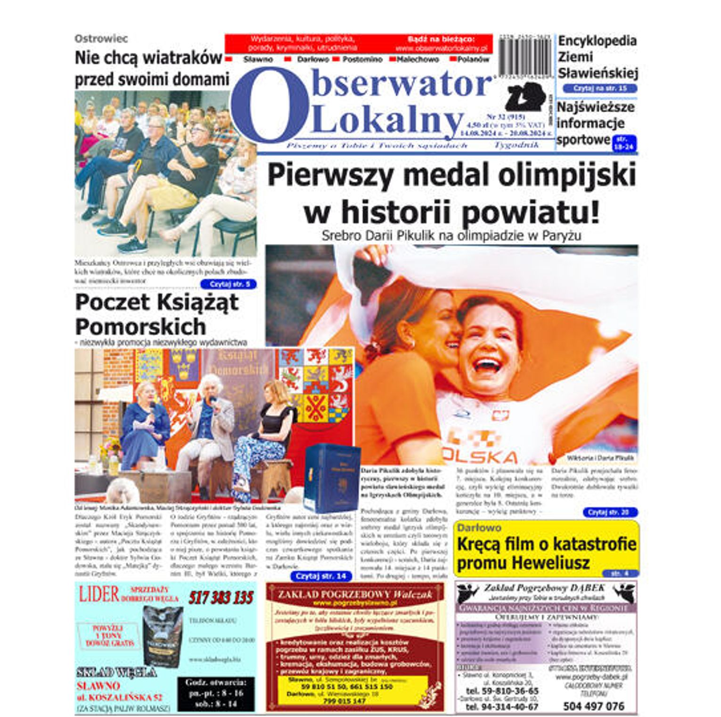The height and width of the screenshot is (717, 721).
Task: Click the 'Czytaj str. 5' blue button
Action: click(228, 285)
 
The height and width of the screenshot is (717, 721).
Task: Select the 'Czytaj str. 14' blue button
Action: click(320, 576)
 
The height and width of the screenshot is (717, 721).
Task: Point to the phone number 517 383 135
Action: click(221, 598)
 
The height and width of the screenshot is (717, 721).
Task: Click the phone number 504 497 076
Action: click(593, 706)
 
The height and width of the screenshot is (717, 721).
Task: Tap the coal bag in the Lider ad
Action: click(161, 636)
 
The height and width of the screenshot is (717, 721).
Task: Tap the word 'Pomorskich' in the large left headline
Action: click(140, 326)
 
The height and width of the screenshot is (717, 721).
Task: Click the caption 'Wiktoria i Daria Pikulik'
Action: click(600, 457)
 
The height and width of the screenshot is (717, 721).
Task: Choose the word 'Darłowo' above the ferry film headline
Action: click(479, 528)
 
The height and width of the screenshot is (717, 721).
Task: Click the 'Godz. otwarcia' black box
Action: click(216, 693)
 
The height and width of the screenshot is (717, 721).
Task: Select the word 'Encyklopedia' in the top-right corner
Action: click(597, 41)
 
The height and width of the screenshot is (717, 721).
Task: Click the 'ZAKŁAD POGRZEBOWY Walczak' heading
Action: click(354, 594)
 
